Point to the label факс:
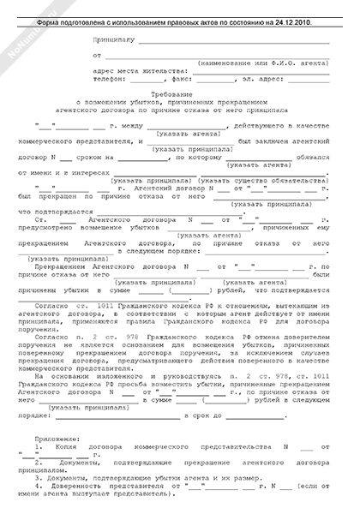195,77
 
